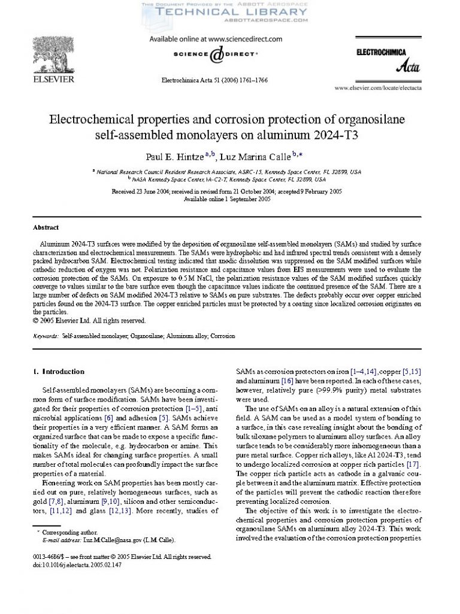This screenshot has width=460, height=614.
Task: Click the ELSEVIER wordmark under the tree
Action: [x=53, y=79]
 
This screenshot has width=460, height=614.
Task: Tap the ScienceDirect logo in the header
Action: [x=215, y=55]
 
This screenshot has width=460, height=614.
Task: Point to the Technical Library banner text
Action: [x=224, y=11]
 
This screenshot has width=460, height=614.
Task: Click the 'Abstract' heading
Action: [x=46, y=227]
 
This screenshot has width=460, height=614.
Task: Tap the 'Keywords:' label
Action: [x=46, y=336]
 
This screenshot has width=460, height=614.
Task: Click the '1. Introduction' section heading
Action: [x=59, y=372]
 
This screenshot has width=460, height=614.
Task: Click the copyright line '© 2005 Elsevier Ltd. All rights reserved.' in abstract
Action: [x=89, y=320]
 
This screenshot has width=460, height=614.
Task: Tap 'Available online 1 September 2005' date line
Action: [x=227, y=199]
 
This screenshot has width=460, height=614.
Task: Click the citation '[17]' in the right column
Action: [x=413, y=465]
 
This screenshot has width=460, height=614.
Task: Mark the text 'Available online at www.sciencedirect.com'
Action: [x=215, y=39]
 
